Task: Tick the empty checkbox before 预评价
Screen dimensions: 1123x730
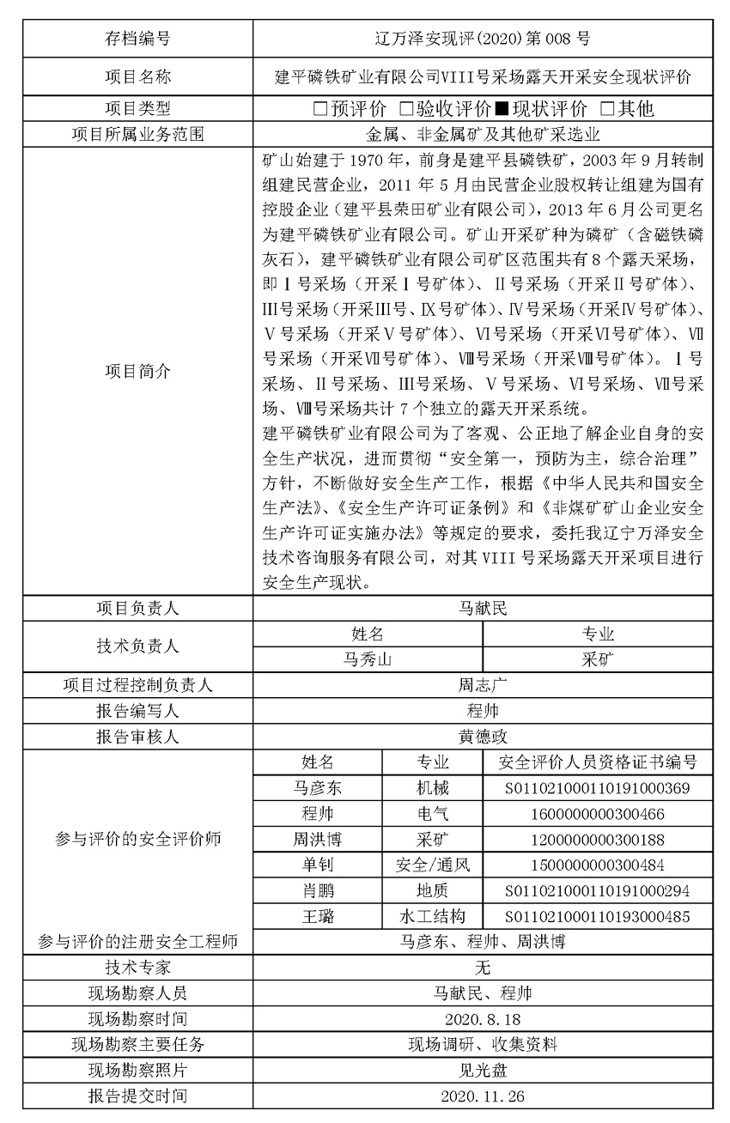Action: click(x=320, y=108)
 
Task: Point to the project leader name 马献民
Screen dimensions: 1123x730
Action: click(x=483, y=609)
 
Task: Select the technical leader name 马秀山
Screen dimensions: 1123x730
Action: click(x=368, y=659)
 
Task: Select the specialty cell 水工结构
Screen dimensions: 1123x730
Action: click(x=433, y=916)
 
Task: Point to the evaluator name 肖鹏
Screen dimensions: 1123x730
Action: click(x=317, y=890)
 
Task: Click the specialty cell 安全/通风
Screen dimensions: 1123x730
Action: click(x=433, y=865)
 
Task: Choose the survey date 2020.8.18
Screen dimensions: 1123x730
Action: click(x=483, y=1019)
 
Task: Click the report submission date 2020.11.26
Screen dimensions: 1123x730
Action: click(x=483, y=1096)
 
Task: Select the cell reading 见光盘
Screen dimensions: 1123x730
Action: click(x=483, y=1071)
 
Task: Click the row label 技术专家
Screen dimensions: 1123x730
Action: click(x=137, y=968)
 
